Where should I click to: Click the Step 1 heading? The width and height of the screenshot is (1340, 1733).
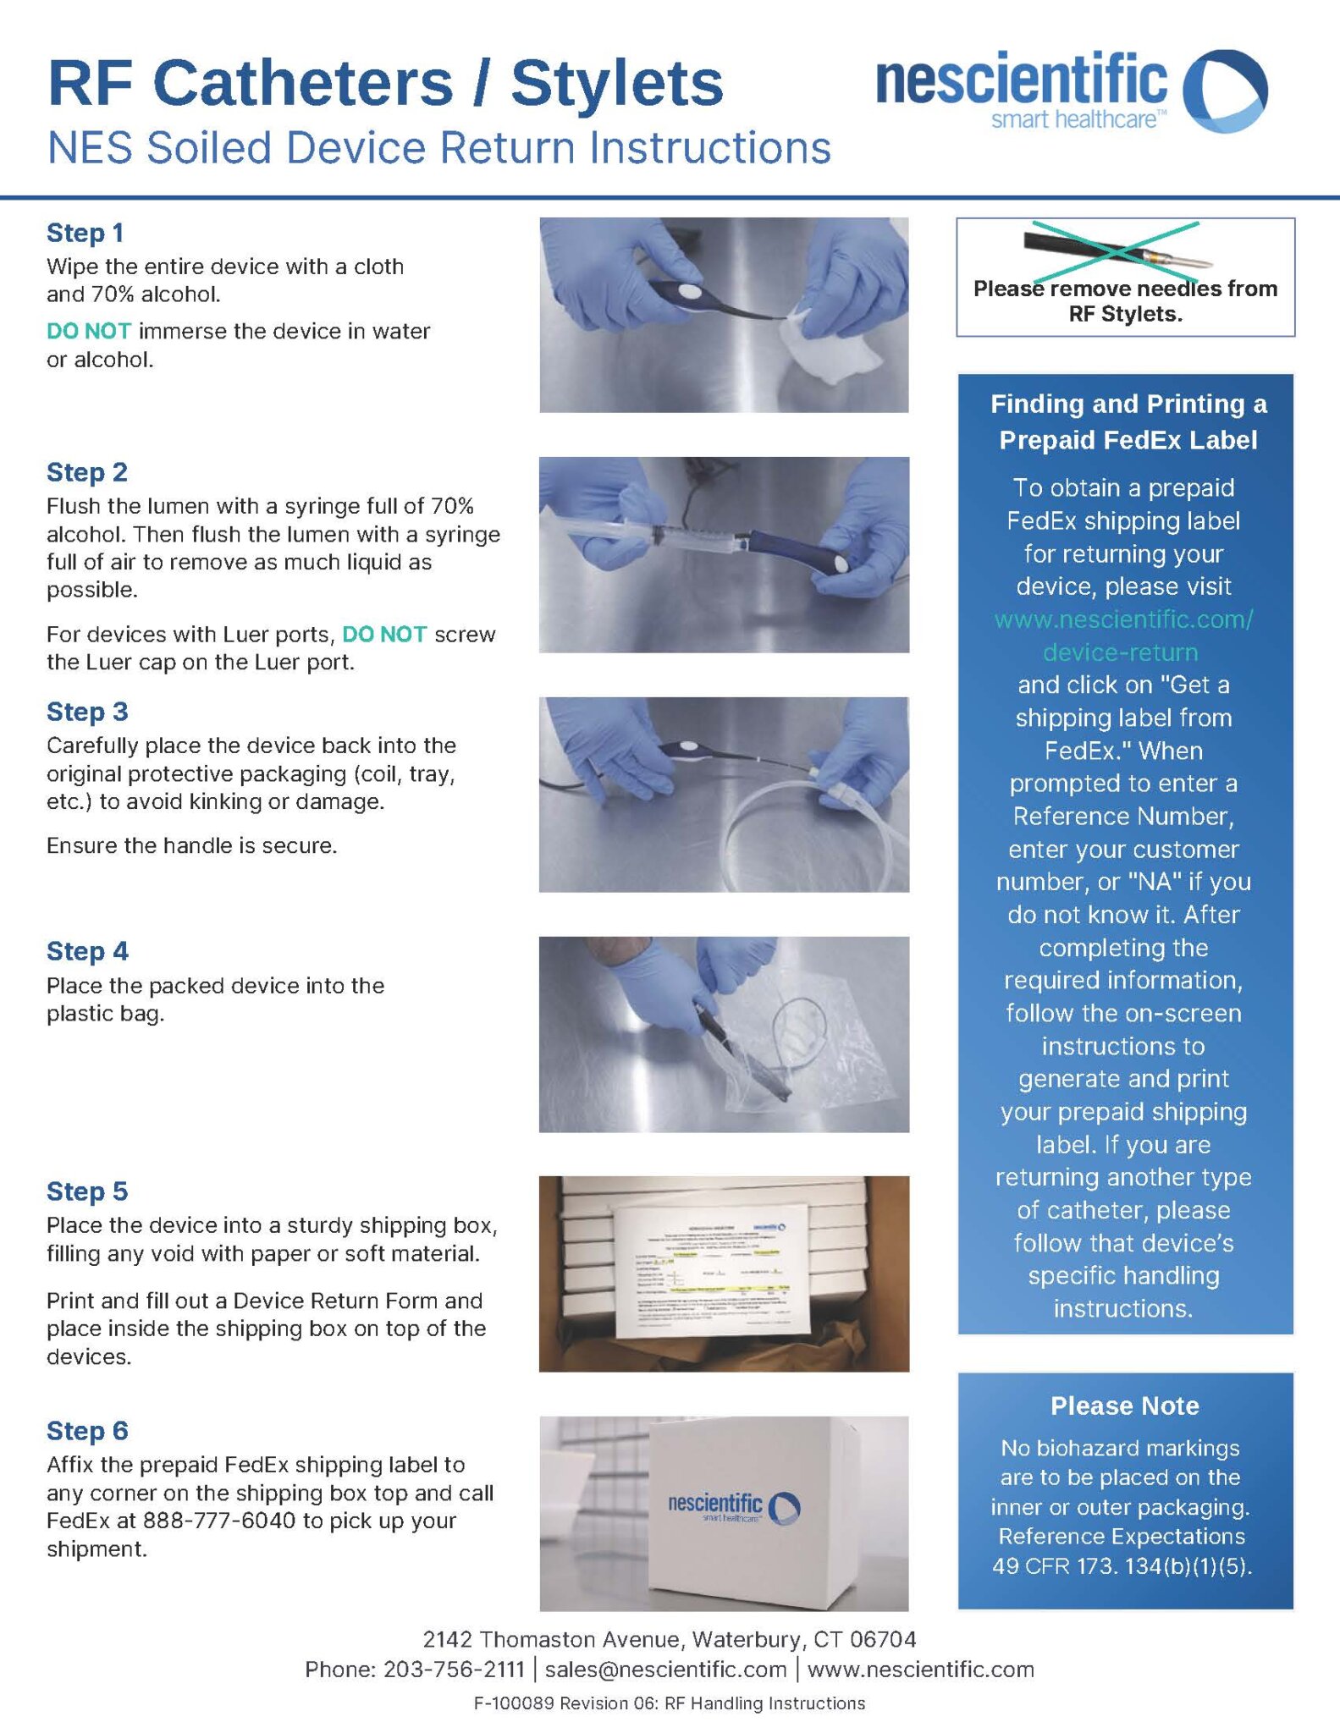point(85,233)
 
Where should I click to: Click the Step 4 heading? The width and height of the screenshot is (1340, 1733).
point(87,951)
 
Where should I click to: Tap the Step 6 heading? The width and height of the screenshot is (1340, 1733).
point(87,1431)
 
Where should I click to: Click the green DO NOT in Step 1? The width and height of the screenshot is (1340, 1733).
point(89,331)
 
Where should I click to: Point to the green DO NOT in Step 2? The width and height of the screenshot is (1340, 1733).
point(384,635)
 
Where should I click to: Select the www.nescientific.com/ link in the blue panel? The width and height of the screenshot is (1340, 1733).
point(1123,619)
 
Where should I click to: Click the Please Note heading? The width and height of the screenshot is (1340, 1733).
point(1124,1406)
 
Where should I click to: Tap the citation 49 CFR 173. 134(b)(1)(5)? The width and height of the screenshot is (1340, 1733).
point(1122,1565)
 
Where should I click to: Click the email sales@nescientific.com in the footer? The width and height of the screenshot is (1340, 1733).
point(665,1669)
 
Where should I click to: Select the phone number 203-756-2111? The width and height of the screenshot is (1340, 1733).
point(454,1669)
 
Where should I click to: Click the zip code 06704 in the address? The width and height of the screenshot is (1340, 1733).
point(882,1639)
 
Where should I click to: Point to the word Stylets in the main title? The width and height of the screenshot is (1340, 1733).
point(617,84)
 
